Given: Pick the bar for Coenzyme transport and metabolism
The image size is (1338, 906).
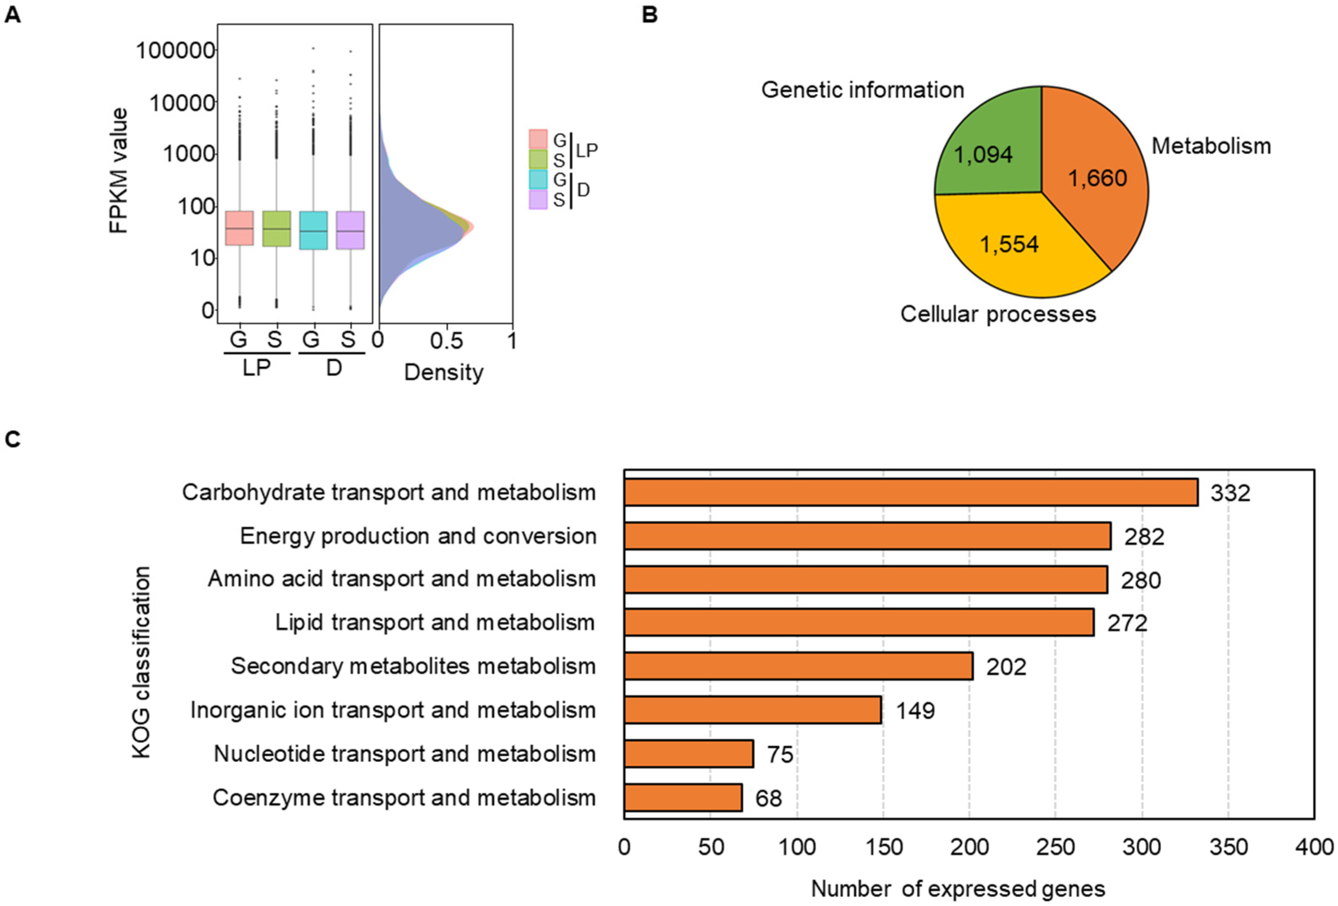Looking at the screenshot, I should coord(683,797).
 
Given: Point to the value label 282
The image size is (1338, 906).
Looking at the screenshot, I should coord(1144,536).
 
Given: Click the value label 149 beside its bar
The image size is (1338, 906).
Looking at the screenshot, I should coord(915,711).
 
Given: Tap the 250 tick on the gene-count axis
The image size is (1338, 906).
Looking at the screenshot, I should coord(1055,847).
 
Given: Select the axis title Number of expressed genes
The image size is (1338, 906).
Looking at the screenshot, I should coord(958,889).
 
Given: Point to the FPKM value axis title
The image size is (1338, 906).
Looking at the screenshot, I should coord(119,170).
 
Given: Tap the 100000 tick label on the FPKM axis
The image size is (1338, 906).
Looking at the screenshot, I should coord(175,51).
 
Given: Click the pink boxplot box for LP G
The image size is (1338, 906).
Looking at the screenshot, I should coord(239,228).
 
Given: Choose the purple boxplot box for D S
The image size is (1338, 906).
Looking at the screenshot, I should coord(350,230).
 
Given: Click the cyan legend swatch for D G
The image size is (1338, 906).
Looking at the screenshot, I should coord(538,180).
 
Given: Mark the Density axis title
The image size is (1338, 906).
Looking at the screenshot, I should coord(443,373).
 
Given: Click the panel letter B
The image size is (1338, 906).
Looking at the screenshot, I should coord(650,14).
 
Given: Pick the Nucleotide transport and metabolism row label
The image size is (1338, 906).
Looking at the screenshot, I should coord(404,754).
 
